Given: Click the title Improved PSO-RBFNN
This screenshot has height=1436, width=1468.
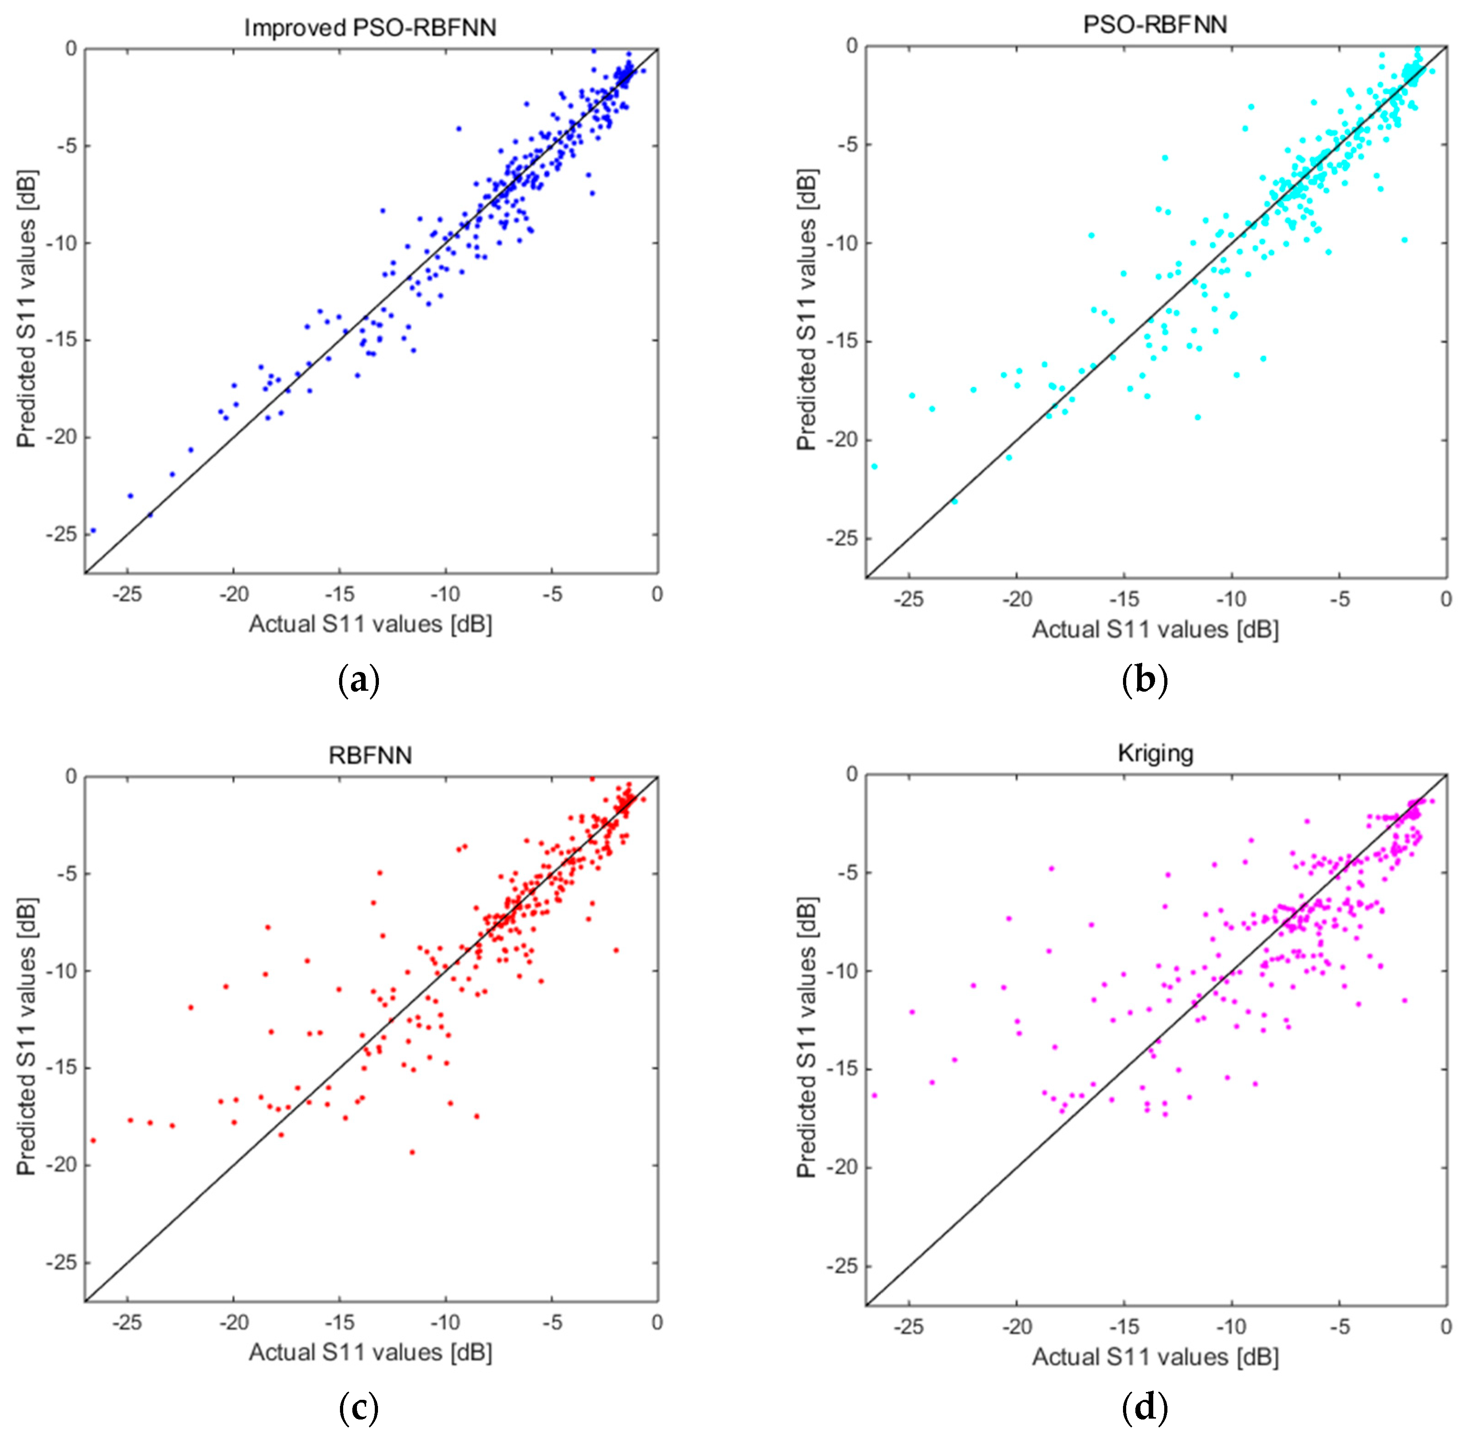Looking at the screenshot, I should (x=370, y=28).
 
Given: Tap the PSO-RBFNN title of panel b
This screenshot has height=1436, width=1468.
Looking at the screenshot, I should (x=1155, y=24).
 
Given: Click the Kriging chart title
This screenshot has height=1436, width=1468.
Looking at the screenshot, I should (x=1155, y=753).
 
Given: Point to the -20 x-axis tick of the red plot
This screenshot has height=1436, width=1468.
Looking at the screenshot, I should (x=233, y=1322).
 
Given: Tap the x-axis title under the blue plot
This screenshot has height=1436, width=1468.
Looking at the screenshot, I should (x=370, y=624).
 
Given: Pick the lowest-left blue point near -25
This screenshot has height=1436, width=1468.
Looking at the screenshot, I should (x=93, y=530).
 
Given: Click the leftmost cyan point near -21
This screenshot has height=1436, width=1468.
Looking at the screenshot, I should (x=874, y=466).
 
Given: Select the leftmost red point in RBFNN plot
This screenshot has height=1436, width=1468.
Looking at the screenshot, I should (x=93, y=1141).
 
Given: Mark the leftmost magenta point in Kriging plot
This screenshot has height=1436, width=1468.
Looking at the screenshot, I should (x=874, y=1095).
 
